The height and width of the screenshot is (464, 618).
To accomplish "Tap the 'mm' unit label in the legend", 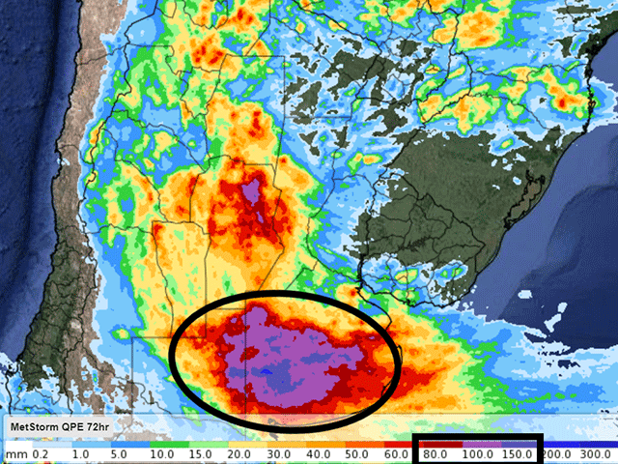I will (14, 452).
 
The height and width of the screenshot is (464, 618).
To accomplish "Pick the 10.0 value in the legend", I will (162, 452).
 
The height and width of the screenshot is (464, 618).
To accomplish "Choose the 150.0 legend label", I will (520, 452).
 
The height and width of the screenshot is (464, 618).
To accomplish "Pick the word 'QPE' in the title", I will (81, 426).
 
